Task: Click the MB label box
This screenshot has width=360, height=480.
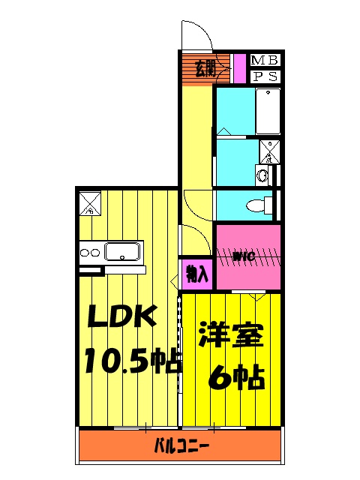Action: (265, 60)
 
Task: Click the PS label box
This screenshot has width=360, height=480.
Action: (265, 76)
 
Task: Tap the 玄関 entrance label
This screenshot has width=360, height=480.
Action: (205, 68)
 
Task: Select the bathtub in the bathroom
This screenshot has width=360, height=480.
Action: (268, 111)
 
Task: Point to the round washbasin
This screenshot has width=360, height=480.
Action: (262, 175)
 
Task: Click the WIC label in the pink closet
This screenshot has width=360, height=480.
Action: (244, 257)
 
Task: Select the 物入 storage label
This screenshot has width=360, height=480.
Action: (196, 274)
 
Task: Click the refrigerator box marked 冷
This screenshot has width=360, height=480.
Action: (88, 203)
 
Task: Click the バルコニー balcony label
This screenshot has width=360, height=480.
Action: (181, 447)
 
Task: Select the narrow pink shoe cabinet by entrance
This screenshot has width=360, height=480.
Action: (239, 68)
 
